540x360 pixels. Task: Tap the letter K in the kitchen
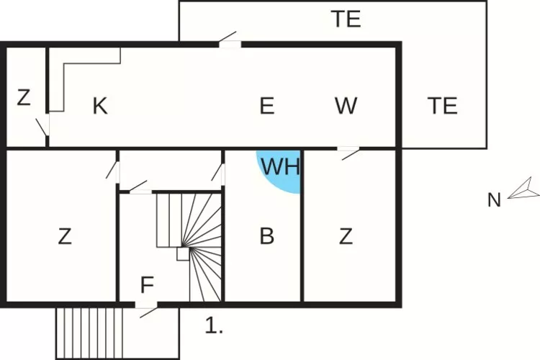[x=100, y=107]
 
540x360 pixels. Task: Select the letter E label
[x=266, y=107]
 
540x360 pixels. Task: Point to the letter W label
[x=346, y=107]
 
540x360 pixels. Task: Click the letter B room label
[x=266, y=236]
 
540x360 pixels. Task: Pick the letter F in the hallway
[x=147, y=286]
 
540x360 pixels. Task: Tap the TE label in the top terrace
[x=346, y=19]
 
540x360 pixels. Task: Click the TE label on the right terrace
[x=443, y=107]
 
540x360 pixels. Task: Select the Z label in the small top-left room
[x=24, y=98]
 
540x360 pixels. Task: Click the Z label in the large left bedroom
[x=65, y=236]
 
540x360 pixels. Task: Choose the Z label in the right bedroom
[x=346, y=236]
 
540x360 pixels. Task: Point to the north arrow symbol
[x=523, y=189]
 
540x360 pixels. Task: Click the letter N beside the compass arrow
[x=494, y=200]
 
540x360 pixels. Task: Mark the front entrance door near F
[x=148, y=307]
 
